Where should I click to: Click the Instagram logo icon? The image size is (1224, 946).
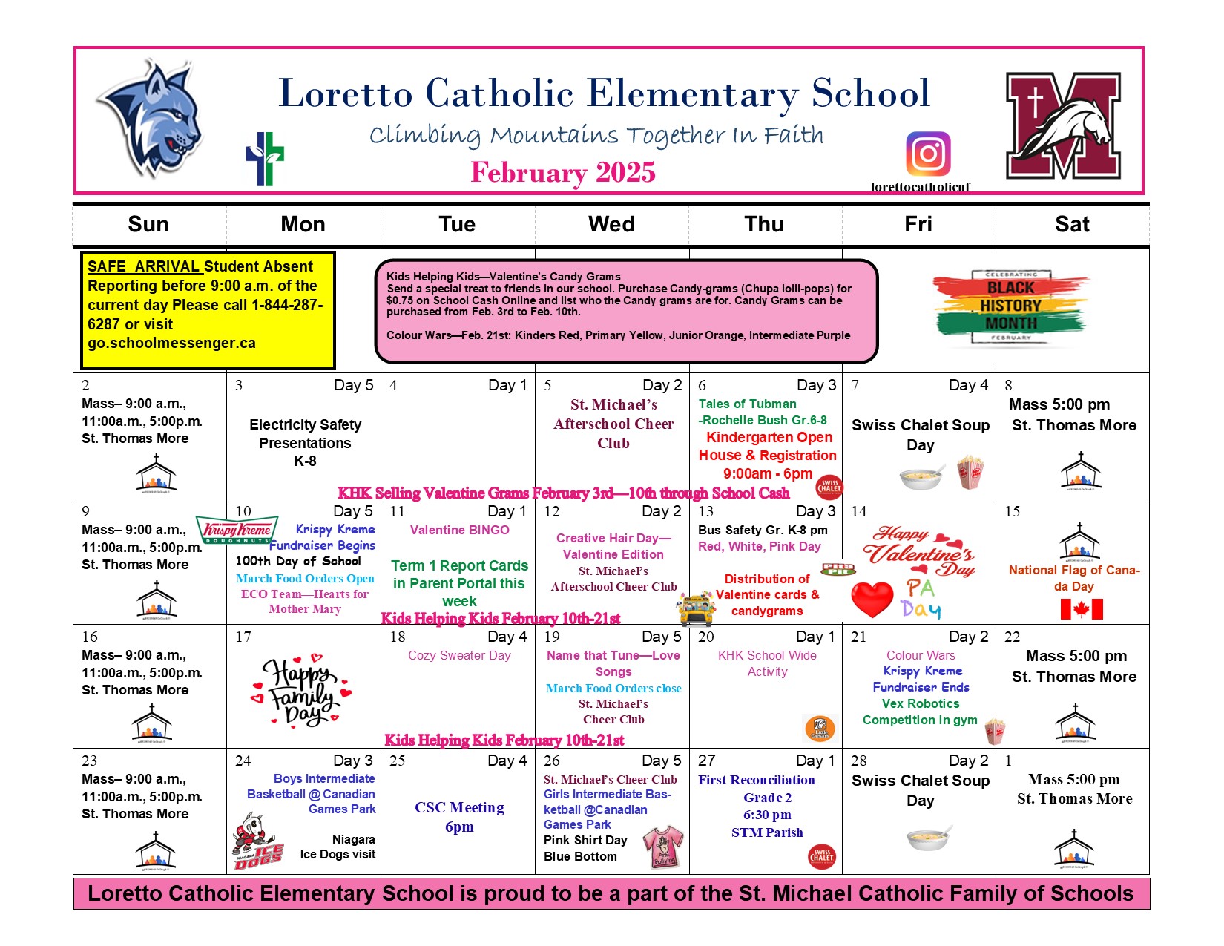[928, 154]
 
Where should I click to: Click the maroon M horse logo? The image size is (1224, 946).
[1063, 125]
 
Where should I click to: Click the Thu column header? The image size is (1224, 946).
[764, 224]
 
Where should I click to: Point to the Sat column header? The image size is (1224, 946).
[1072, 224]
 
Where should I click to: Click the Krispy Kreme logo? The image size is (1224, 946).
[237, 530]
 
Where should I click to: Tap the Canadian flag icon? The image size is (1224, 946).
[1082, 609]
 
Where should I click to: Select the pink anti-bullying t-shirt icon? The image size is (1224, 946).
[662, 846]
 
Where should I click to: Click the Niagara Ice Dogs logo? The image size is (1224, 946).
[257, 842]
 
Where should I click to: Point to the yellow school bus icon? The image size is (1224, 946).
[697, 610]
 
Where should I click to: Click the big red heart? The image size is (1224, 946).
[872, 599]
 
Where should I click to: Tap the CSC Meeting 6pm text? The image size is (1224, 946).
[459, 817]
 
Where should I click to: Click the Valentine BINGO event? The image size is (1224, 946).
[459, 530]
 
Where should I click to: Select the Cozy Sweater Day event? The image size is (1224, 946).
[459, 655]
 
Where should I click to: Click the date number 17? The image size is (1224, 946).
[243, 637]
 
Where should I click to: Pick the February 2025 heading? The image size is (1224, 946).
[563, 172]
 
